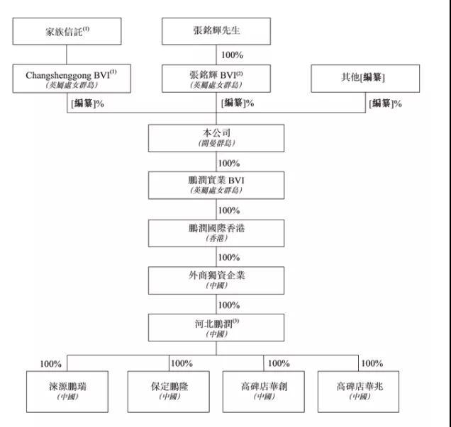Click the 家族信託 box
66,32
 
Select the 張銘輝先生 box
216,32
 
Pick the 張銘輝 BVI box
216,78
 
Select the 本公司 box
216,137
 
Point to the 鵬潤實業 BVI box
216,185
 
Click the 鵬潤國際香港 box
216,232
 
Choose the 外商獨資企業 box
216,279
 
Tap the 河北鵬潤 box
216,326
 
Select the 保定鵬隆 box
167,391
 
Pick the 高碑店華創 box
264,391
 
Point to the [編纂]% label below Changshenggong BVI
88,103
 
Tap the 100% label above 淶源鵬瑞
51,363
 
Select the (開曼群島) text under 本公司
216,143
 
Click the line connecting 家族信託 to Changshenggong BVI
66,54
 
